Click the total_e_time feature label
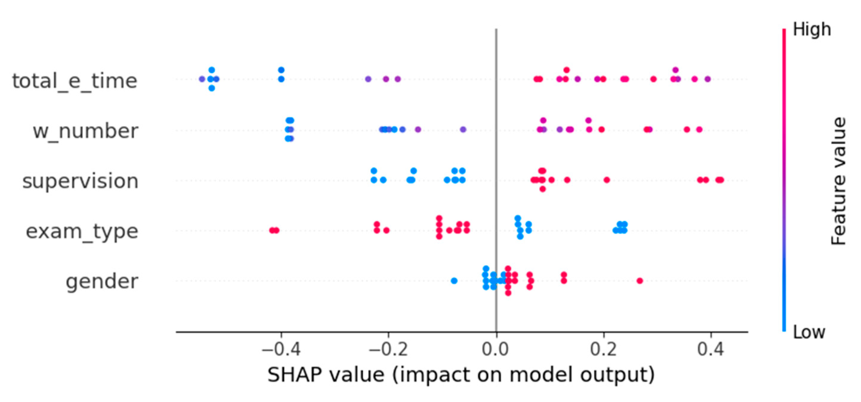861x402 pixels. coord(75,81)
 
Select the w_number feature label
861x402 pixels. coord(85,131)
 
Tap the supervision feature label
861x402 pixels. coord(80,181)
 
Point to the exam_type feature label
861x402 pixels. coord(82,231)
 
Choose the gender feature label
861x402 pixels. coord(102,281)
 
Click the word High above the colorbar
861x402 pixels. coord(811,30)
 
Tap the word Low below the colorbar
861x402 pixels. coord(809,332)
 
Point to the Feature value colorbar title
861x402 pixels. coord(838,181)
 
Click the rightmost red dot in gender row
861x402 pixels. coord(640,281)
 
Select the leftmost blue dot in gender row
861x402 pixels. coord(454,281)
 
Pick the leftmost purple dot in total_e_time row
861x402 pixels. coord(202,79)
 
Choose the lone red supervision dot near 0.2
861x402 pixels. coord(607,180)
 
